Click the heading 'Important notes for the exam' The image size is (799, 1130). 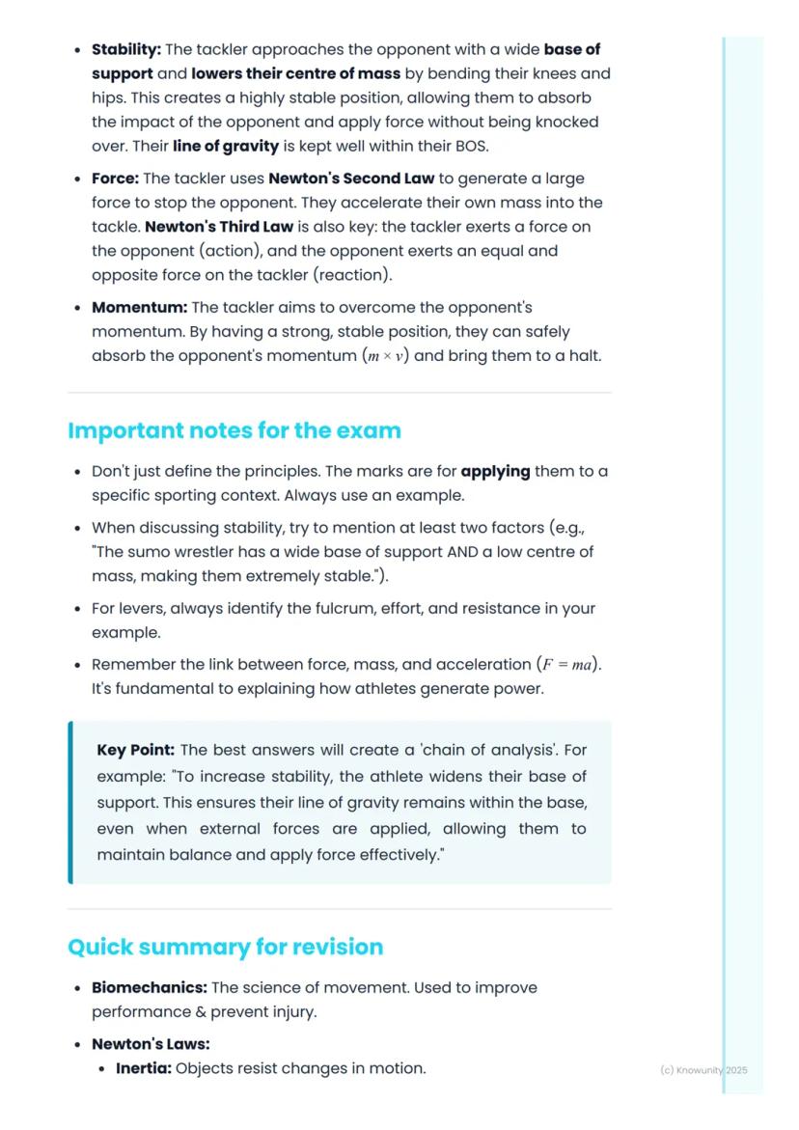tap(234, 430)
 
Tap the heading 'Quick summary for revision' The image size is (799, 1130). tap(225, 947)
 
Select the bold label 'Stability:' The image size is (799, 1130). tap(126, 49)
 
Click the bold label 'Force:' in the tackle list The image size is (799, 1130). tap(115, 179)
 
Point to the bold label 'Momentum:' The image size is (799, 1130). tap(139, 308)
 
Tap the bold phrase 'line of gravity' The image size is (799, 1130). tap(226, 147)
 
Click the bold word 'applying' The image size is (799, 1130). tap(495, 472)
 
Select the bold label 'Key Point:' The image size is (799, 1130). tap(136, 750)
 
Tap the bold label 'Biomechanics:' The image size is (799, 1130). tap(150, 988)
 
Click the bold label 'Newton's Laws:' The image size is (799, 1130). tap(151, 1044)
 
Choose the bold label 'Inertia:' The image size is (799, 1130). tap(144, 1068)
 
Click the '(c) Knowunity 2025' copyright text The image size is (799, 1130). tap(703, 1070)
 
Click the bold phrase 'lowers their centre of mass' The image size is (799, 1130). tap(295, 73)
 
